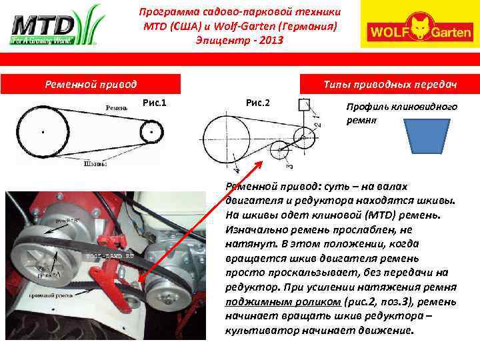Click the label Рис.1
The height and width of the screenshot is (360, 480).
pos(155,102)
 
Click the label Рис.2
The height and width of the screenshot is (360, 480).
pos(258,102)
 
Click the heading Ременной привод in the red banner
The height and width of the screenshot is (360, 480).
pos(91,84)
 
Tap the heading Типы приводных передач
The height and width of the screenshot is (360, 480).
pos(389,84)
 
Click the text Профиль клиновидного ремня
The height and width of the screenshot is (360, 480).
pos(401,113)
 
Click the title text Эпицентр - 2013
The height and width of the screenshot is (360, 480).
pos(239,41)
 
